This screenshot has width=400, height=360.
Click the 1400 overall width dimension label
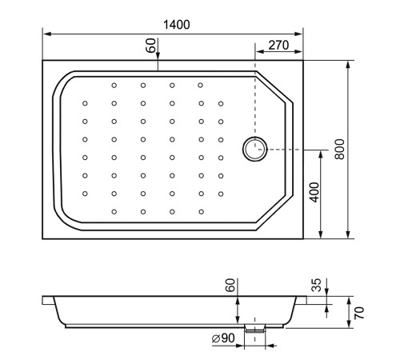pos(177,25)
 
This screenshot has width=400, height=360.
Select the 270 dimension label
pos(278,46)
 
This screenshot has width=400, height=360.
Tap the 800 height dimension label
pos(339,149)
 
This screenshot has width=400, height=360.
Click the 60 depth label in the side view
pos(230,286)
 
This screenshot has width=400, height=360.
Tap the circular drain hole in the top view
pos(255,148)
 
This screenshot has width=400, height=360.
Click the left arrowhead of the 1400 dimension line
pos(45,34)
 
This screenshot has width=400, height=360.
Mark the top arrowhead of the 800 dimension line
pos(349,62)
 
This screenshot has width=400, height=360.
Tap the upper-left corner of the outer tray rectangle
pos(42,58)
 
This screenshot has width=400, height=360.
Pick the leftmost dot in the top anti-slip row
pos(114,86)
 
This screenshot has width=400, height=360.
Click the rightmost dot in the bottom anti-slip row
pos(201,211)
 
